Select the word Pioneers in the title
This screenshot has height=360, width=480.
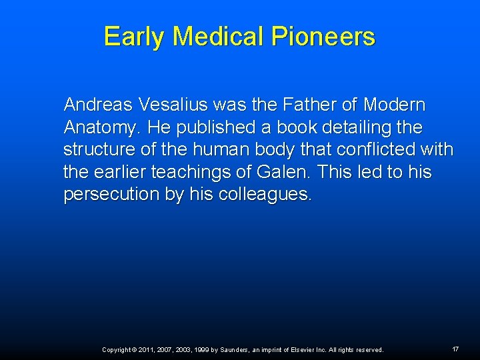click(x=323, y=37)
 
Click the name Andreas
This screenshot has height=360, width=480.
click(x=97, y=105)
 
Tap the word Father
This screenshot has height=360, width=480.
click(x=315, y=105)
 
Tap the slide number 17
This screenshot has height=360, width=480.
click(x=455, y=349)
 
